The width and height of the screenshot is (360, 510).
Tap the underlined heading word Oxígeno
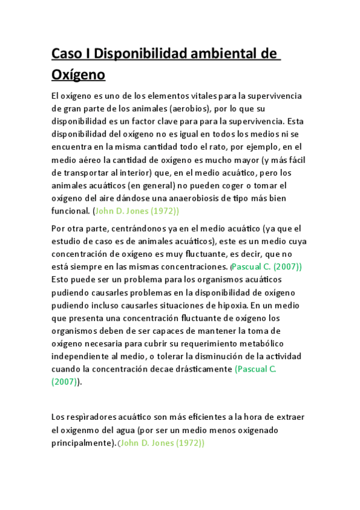coord(78,75)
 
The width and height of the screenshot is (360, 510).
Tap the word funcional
coord(71,211)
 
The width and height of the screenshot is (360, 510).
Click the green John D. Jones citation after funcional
coord(137,211)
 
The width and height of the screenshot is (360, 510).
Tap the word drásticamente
coord(202,370)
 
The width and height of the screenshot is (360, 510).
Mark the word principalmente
coord(84,444)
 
